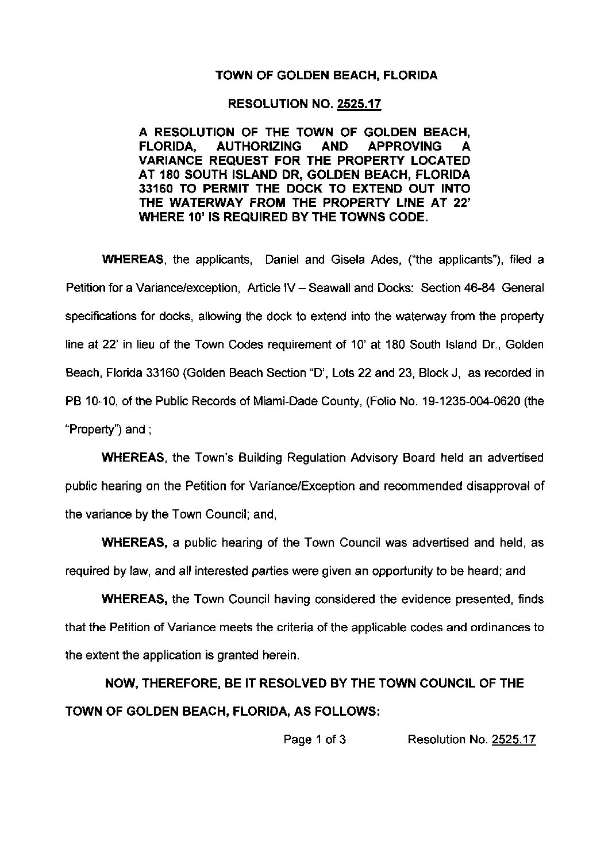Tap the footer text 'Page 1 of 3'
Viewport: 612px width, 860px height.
314,739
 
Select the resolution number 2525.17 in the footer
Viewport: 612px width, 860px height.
514,739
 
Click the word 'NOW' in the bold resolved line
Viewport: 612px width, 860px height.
120,684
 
